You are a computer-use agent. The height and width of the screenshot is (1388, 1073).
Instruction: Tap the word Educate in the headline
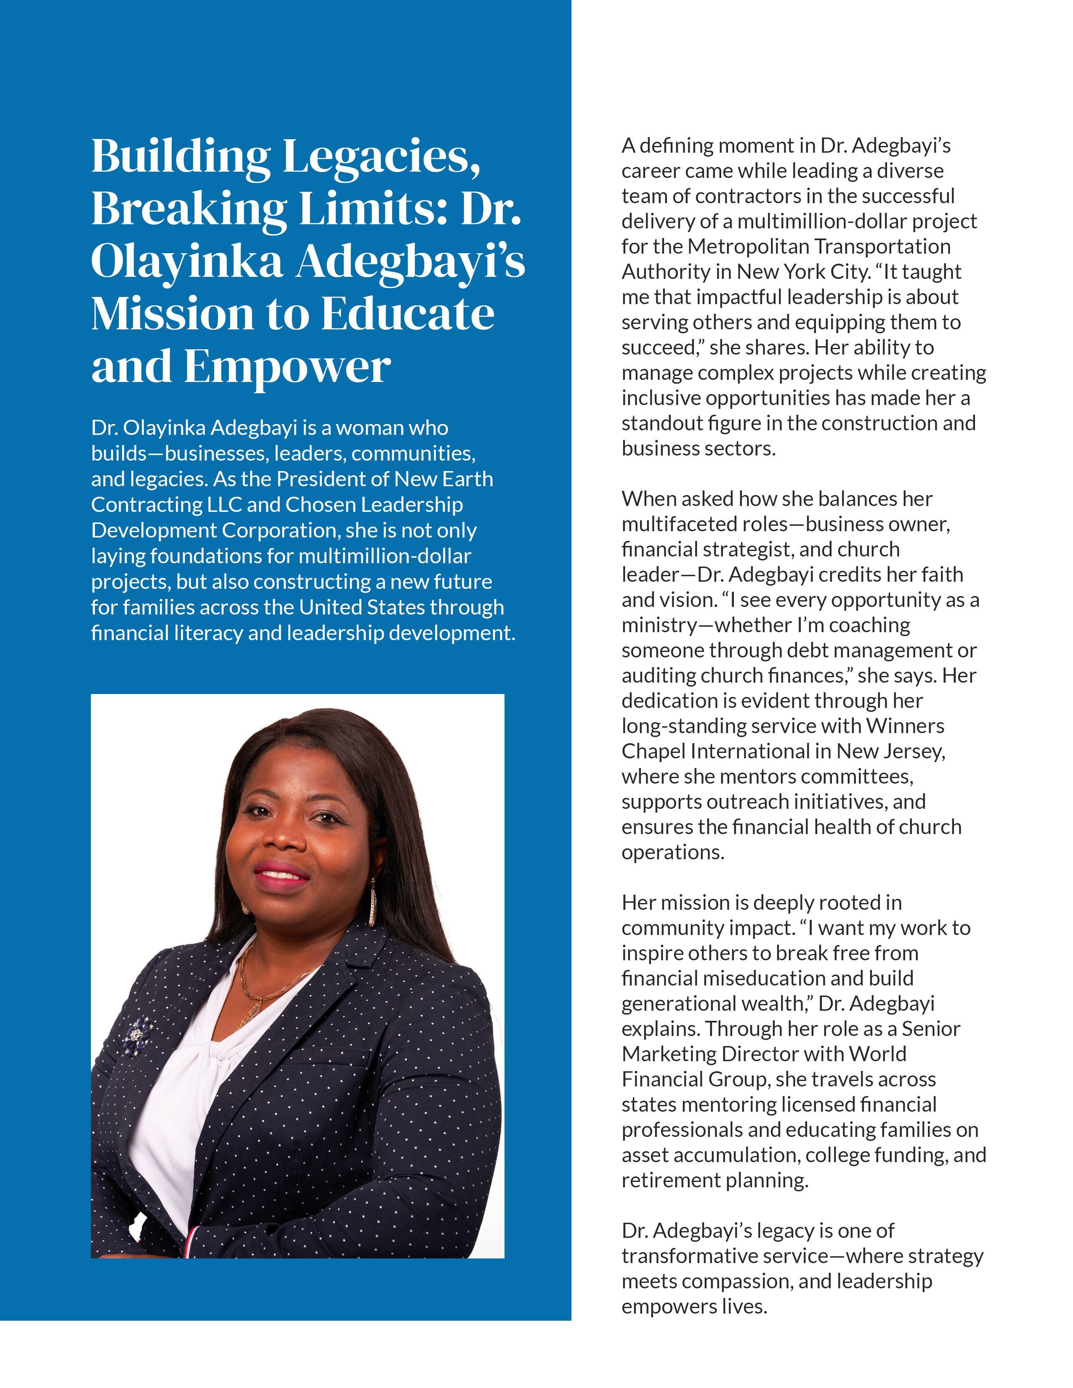pos(407,314)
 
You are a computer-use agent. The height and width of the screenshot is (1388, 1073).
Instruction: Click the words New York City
pos(802,272)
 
